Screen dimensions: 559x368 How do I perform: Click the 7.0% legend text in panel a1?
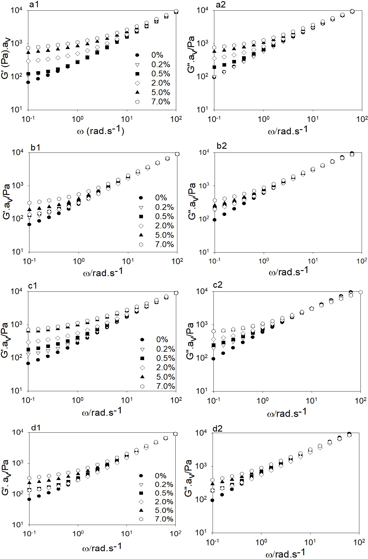[161, 102]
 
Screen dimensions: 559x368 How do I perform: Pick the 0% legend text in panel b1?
[161, 198]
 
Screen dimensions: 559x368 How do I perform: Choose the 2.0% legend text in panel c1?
[166, 368]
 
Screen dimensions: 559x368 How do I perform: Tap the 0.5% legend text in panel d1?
[164, 493]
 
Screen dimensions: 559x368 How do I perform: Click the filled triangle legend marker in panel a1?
[137, 93]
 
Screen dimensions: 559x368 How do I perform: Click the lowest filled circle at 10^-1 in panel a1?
[28, 82]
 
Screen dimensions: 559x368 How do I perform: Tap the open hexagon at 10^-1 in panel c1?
[28, 330]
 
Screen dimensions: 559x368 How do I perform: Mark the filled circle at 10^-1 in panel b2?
[215, 220]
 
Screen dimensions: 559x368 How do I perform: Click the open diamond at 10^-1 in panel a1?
[28, 61]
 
